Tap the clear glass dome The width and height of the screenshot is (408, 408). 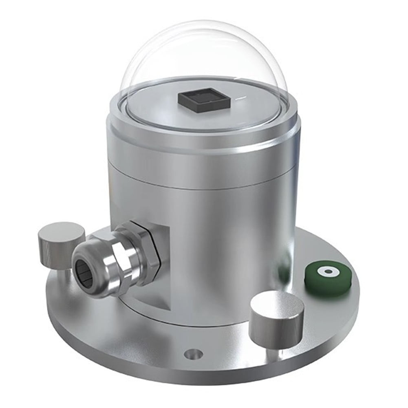204,49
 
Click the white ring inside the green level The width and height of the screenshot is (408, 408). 327,271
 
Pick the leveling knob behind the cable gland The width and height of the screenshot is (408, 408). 61,243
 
